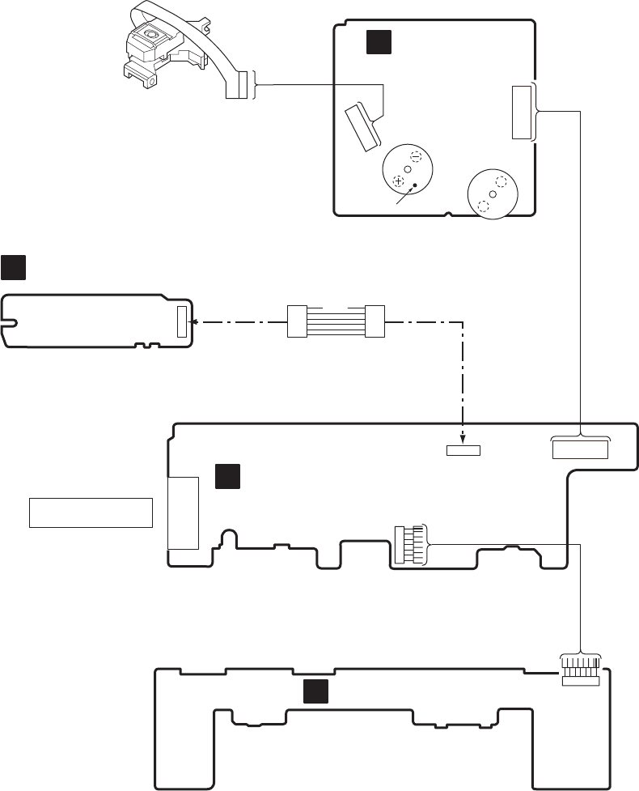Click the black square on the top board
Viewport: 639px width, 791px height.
pos(379,42)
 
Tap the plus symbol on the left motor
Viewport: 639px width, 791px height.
pos(398,181)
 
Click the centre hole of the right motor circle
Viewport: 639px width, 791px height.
pos(493,194)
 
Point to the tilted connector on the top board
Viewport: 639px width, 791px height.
pos(362,125)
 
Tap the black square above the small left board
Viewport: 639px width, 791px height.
pos(13,266)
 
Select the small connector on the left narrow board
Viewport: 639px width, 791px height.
pos(181,321)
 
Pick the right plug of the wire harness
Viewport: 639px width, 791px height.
pos(374,321)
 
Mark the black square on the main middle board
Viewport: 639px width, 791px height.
pos(228,477)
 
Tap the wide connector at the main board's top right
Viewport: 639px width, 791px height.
pos(579,448)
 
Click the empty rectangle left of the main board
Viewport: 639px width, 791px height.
pos(91,512)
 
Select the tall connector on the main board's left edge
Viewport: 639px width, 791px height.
pos(182,512)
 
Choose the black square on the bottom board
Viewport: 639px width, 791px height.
pos(315,691)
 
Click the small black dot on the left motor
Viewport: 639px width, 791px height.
pos(415,186)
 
